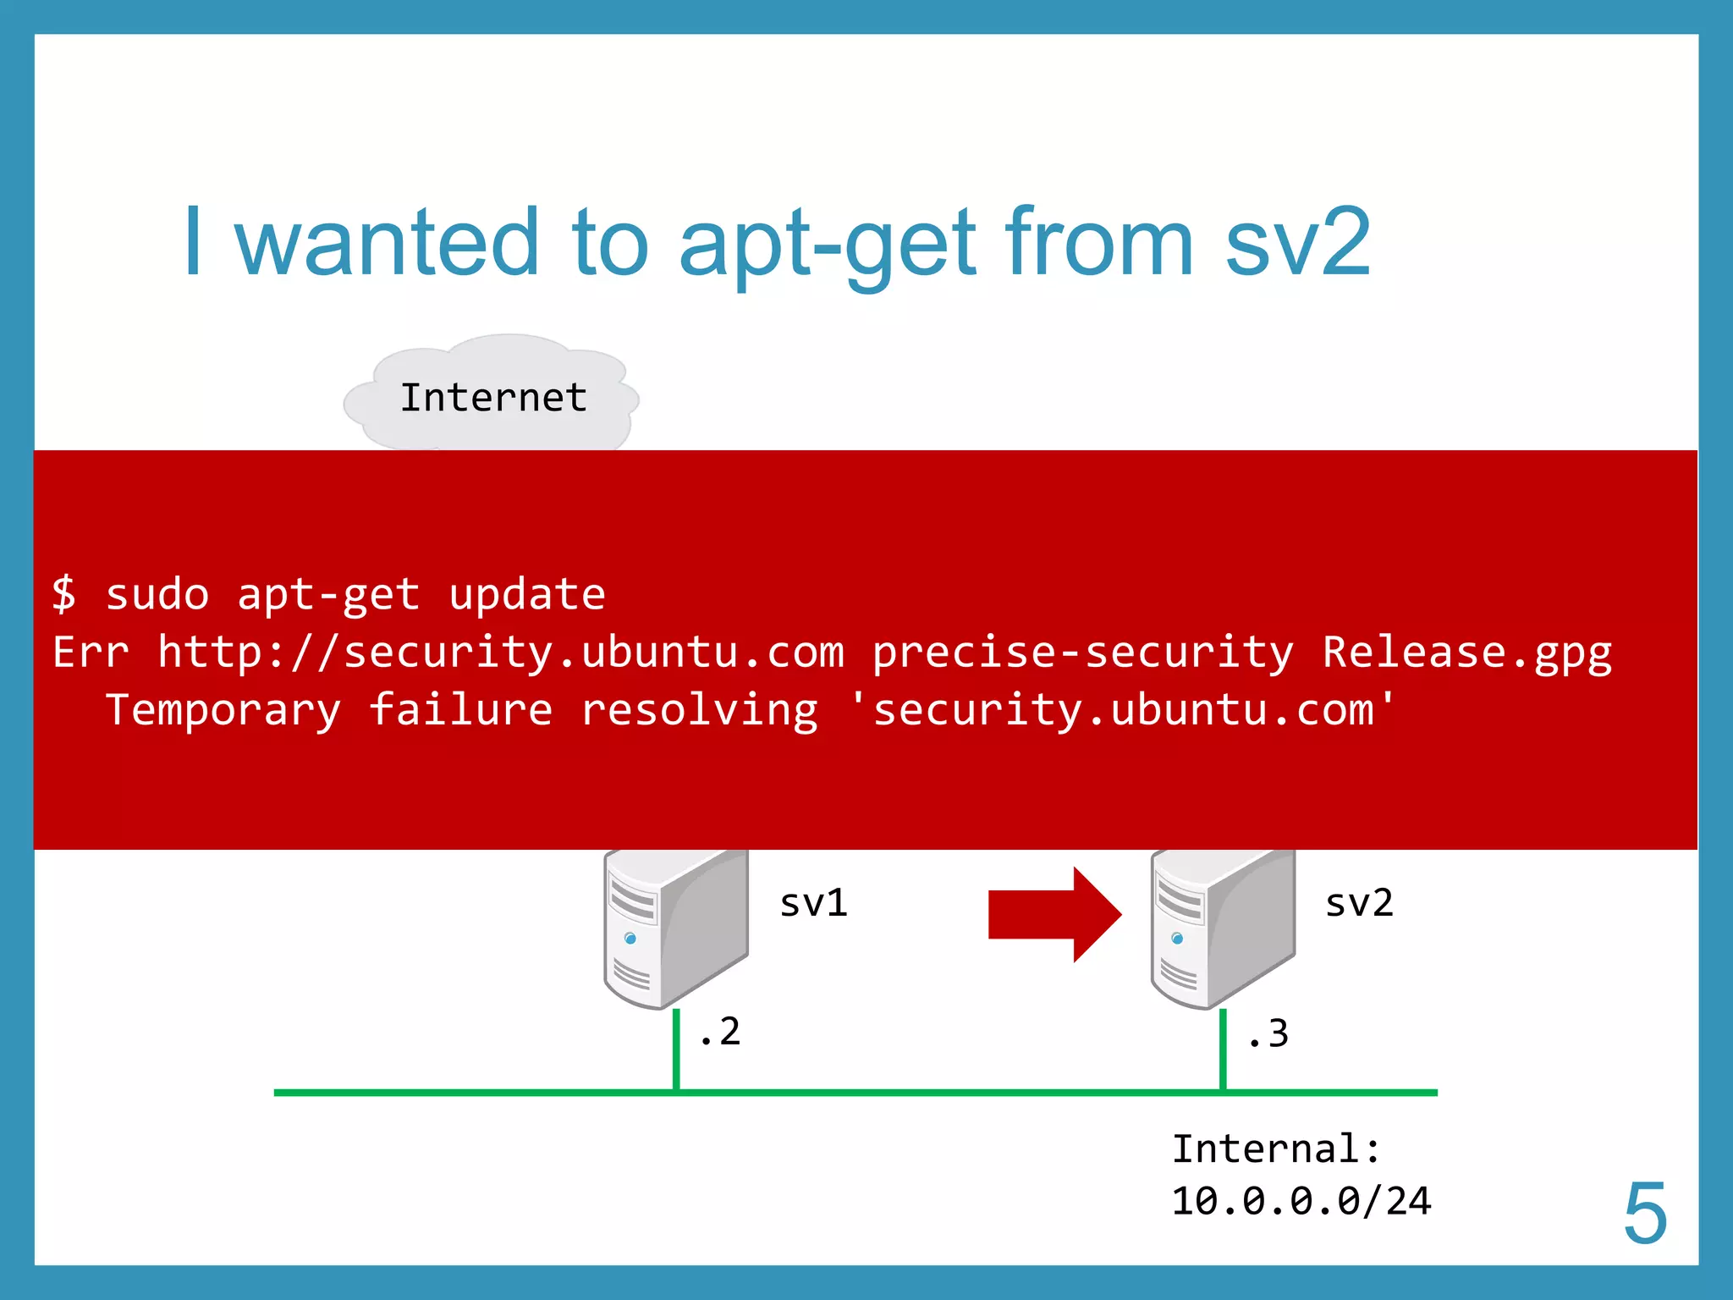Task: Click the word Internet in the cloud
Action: point(493,398)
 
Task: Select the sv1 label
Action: point(813,903)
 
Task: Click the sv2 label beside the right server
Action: point(1358,903)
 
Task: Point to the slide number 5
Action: point(1644,1215)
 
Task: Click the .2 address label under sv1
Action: point(720,1032)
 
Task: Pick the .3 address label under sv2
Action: point(1268,1034)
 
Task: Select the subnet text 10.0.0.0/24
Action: point(1301,1202)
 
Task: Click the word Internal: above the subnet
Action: point(1276,1149)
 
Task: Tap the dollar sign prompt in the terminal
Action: point(64,593)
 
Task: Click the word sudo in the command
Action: point(157,594)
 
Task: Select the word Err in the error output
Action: point(91,653)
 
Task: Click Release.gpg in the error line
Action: point(1466,653)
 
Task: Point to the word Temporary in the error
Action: point(223,709)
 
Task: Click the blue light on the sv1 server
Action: point(630,938)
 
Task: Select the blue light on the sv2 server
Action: point(1177,938)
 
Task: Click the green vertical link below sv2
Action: point(1223,1049)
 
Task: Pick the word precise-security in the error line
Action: point(1082,653)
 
